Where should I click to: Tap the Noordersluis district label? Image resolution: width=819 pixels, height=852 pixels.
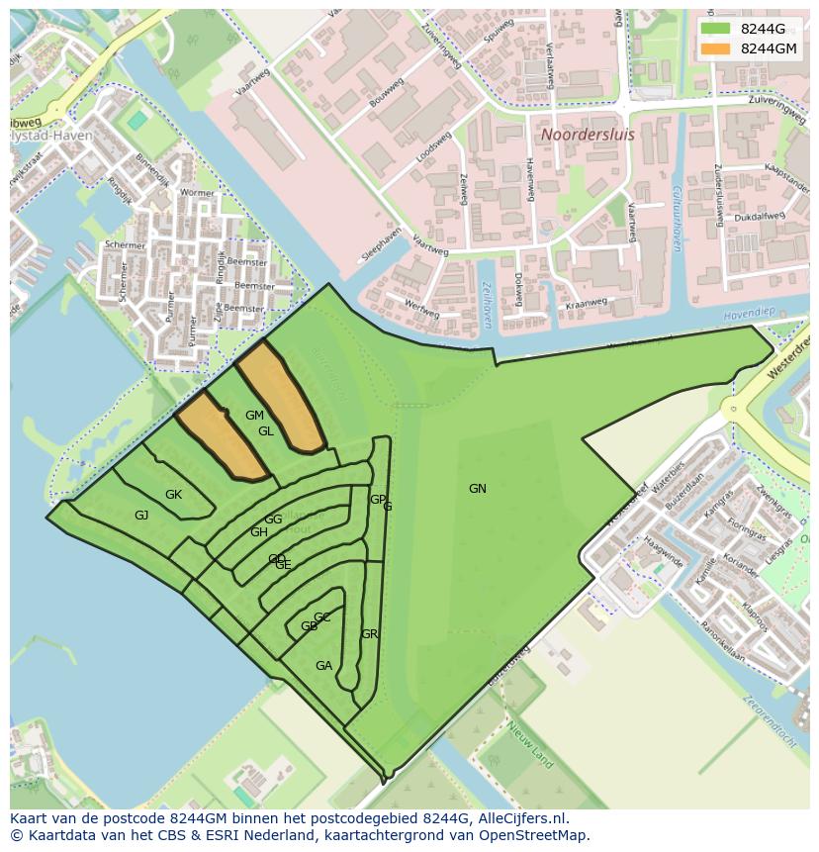(x=587, y=133)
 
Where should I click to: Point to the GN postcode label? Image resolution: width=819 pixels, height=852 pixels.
(x=478, y=489)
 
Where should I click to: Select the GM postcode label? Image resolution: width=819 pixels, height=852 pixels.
(x=254, y=416)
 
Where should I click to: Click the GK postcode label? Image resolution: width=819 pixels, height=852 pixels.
(x=173, y=495)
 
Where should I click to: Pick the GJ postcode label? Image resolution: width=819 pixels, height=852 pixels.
(x=141, y=516)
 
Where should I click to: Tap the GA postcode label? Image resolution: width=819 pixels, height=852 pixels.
(x=323, y=666)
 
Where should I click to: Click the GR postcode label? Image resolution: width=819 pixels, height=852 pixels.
(x=370, y=634)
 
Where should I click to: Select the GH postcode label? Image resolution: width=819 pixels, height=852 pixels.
(x=258, y=532)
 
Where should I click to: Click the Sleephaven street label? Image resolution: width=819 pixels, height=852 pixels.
(x=382, y=241)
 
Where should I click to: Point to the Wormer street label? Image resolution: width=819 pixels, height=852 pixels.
(x=198, y=193)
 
